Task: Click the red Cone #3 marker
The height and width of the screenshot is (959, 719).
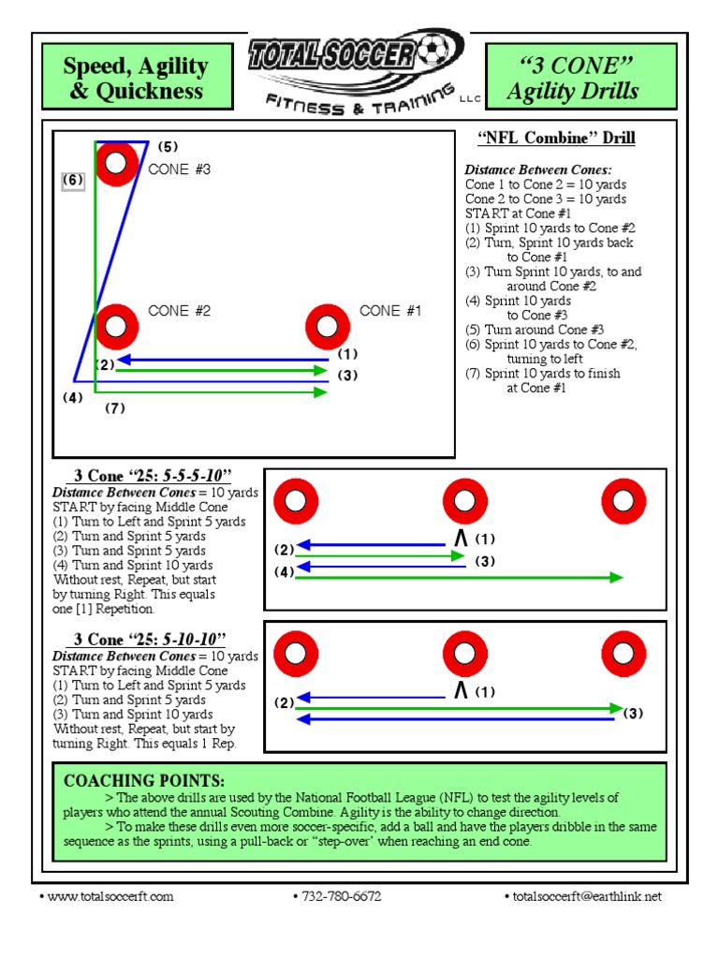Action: pyautogui.click(x=116, y=164)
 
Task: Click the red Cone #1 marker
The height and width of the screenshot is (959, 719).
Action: pyautogui.click(x=328, y=326)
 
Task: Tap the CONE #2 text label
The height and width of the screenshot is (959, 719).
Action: pyautogui.click(x=179, y=311)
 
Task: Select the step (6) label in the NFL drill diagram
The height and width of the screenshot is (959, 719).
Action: pyautogui.click(x=74, y=180)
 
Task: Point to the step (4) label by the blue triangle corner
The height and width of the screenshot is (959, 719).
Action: pyautogui.click(x=73, y=397)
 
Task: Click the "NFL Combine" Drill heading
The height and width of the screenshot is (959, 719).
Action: pyautogui.click(x=556, y=139)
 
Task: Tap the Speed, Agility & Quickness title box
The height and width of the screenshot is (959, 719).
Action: pyautogui.click(x=136, y=78)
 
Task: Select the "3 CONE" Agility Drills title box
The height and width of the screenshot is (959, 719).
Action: pyautogui.click(x=573, y=78)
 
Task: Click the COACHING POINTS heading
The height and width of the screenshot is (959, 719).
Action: pyautogui.click(x=143, y=780)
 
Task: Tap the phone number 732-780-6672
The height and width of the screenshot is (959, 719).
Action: pyautogui.click(x=340, y=896)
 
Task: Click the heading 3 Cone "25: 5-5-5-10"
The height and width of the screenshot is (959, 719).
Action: pyautogui.click(x=154, y=477)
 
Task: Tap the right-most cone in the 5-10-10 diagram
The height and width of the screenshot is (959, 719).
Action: pyautogui.click(x=624, y=654)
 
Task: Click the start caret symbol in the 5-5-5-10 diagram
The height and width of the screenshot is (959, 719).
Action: pyautogui.click(x=460, y=539)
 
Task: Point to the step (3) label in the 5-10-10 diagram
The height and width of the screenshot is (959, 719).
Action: pyautogui.click(x=635, y=714)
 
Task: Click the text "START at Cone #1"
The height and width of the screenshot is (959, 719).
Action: pyautogui.click(x=518, y=214)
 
